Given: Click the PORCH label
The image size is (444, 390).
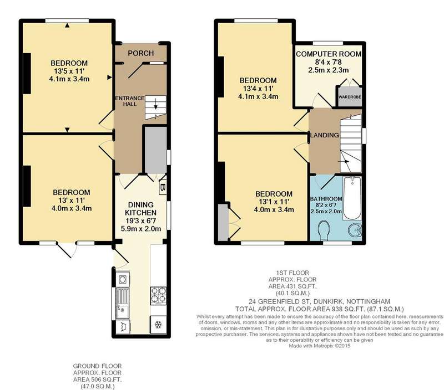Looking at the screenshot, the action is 141,53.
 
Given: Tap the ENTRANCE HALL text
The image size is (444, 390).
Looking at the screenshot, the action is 130,101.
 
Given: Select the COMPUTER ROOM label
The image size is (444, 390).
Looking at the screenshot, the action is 329,54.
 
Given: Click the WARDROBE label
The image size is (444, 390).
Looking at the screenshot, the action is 350,97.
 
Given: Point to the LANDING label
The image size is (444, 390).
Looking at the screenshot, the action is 325,135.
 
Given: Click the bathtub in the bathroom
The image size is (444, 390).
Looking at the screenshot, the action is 352,198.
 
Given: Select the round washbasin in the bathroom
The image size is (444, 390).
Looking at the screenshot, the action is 355,230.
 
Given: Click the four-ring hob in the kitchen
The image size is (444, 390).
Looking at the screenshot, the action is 158,296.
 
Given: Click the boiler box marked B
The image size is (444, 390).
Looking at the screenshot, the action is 163,187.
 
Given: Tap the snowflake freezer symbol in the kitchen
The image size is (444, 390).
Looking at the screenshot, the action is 158,325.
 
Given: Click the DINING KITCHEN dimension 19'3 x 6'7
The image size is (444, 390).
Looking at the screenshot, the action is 141,220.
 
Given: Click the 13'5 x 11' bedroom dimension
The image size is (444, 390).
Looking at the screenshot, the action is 69,71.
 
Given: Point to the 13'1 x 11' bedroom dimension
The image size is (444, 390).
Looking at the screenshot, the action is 274,202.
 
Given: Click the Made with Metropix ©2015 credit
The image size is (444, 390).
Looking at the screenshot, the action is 320,346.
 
